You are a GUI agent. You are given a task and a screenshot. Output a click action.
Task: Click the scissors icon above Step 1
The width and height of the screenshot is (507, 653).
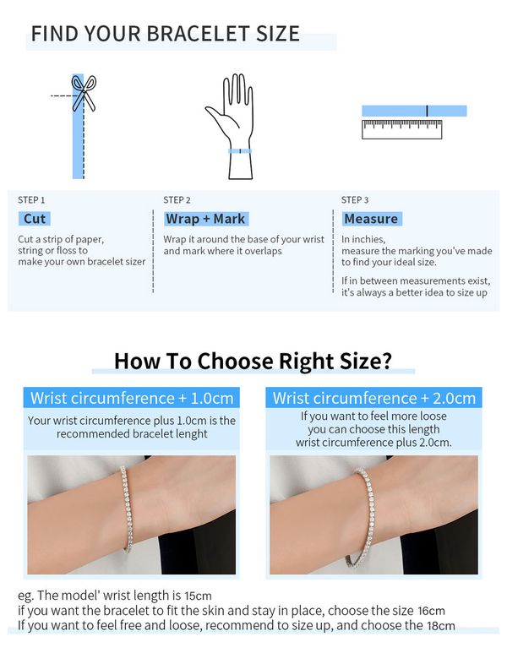(84, 93)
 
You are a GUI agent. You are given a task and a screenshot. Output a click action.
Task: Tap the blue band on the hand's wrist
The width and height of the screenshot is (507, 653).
(240, 151)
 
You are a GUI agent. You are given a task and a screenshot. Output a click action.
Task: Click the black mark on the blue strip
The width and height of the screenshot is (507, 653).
(427, 111)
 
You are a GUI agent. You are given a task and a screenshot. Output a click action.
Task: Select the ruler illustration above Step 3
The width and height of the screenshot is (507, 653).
(401, 129)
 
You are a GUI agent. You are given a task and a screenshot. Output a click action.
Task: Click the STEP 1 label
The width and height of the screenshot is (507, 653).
(31, 200)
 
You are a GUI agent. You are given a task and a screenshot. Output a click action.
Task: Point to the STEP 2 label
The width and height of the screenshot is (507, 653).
(177, 200)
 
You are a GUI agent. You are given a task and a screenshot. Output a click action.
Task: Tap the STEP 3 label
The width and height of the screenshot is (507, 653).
(355, 200)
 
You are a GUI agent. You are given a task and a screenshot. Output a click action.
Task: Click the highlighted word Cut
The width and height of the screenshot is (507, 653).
(35, 219)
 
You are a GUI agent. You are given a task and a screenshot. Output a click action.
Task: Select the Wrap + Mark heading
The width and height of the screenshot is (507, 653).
(206, 219)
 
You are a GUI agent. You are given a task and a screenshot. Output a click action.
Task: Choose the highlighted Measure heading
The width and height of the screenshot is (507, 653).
(372, 219)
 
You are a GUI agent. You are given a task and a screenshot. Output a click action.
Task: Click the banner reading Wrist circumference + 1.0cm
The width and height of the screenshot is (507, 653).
(132, 398)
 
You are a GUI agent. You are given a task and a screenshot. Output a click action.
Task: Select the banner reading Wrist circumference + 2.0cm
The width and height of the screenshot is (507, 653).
(373, 398)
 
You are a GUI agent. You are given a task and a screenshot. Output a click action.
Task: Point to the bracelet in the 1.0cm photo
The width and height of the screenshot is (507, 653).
(128, 509)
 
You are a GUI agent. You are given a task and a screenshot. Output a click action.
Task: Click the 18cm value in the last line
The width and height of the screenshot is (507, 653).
(441, 625)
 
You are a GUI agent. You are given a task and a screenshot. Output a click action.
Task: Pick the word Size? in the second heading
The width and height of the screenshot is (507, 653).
(366, 361)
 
